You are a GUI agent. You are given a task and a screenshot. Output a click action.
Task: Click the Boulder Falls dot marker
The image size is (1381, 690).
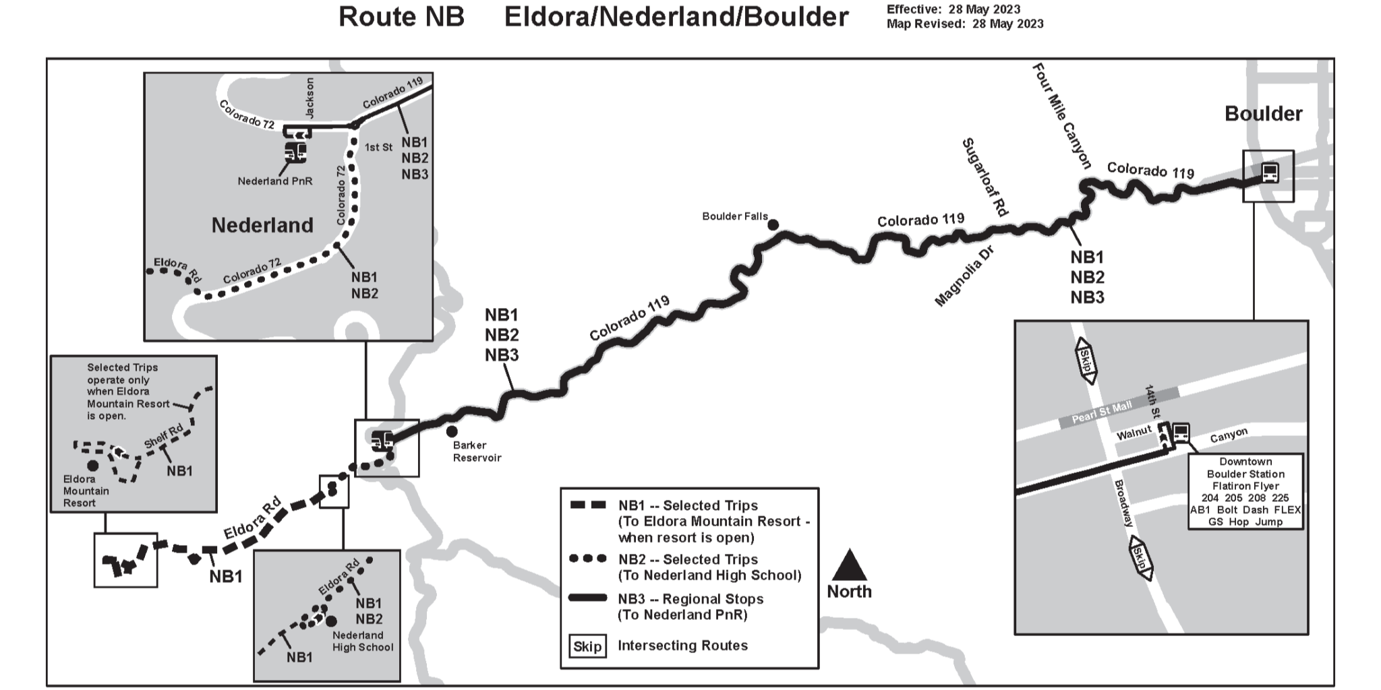pyautogui.click(x=773, y=224)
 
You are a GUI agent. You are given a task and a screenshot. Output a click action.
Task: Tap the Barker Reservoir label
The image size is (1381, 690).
pyautogui.click(x=477, y=451)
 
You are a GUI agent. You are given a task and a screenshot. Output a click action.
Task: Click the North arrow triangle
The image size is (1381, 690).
pyautogui.click(x=849, y=565)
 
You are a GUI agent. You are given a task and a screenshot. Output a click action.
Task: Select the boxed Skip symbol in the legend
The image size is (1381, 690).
pyautogui.click(x=587, y=646)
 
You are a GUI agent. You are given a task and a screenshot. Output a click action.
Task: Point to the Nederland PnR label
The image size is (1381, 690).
pyautogui.click(x=274, y=181)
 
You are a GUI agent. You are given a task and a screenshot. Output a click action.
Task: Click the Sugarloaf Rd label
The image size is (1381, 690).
pyautogui.click(x=985, y=177)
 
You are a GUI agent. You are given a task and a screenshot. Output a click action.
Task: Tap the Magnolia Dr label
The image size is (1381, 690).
pyautogui.click(x=964, y=276)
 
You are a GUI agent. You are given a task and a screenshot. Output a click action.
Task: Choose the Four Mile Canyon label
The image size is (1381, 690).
pyautogui.click(x=1061, y=116)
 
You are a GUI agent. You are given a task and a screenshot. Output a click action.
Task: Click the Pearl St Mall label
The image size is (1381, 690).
pyautogui.click(x=1101, y=412)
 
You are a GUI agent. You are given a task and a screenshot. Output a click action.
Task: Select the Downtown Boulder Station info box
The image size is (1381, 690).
pyautogui.click(x=1245, y=491)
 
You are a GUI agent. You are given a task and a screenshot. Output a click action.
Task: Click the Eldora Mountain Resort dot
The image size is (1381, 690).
pyautogui.click(x=92, y=466)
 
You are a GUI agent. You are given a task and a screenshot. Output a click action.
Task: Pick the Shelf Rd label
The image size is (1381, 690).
pyautogui.click(x=163, y=437)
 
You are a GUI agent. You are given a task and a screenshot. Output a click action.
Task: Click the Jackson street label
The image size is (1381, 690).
pyautogui.click(x=310, y=98)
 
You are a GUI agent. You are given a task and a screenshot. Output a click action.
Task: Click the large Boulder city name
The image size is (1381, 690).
pyautogui.click(x=1263, y=114)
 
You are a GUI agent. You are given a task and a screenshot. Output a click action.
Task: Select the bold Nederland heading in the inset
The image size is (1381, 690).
pyautogui.click(x=262, y=225)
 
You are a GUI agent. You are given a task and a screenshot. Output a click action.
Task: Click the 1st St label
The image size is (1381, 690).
pyautogui.click(x=378, y=147)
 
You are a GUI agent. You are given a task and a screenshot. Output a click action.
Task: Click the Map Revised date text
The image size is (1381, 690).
pyautogui.click(x=964, y=24)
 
